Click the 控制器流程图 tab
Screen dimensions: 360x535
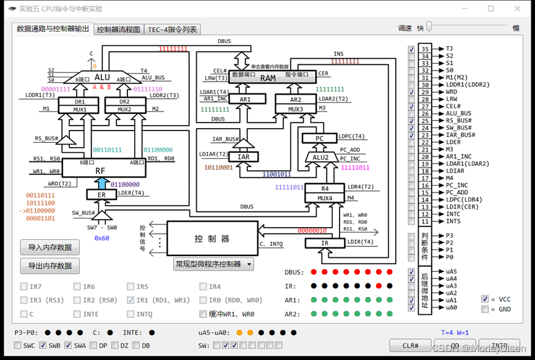(x=119, y=30)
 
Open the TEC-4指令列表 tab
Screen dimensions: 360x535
(x=173, y=30)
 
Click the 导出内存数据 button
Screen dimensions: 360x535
(x=50, y=266)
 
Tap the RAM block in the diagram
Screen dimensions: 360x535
(x=268, y=78)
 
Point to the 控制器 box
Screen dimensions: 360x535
(x=212, y=238)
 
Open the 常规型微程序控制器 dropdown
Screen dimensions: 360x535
(x=214, y=264)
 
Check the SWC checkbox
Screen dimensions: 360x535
(x=17, y=345)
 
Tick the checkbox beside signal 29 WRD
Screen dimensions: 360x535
(x=412, y=92)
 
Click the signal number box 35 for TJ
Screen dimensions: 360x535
(x=424, y=49)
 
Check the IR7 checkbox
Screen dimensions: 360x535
(x=24, y=287)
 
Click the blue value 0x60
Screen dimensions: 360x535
(x=101, y=238)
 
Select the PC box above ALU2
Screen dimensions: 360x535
(x=319, y=138)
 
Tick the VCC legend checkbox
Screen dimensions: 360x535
(x=485, y=299)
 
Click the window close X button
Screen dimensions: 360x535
(x=518, y=9)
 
